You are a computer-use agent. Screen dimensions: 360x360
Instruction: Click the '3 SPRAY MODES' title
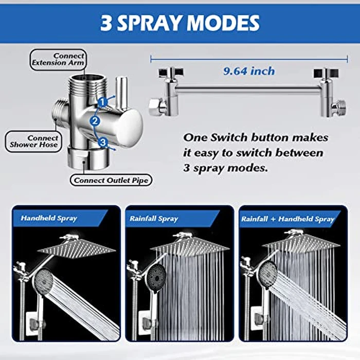(x=179, y=23)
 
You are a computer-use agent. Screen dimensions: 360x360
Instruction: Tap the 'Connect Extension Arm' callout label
(x=57, y=59)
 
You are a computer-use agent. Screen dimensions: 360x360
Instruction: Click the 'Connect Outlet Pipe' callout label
(x=111, y=181)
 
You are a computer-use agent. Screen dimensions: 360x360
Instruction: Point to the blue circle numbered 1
(x=103, y=102)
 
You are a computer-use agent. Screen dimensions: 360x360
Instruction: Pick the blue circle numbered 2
(x=94, y=121)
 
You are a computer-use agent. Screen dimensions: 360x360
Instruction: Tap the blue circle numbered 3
(x=103, y=142)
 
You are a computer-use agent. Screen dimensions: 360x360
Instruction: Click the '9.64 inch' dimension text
(x=249, y=71)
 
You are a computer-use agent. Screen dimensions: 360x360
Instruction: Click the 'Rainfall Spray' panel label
(x=154, y=219)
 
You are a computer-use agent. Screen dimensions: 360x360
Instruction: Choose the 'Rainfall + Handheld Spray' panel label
(x=287, y=219)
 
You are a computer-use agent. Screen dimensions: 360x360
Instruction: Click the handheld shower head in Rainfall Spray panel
(x=155, y=278)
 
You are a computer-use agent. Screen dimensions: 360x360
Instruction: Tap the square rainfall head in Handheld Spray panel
(x=77, y=248)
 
